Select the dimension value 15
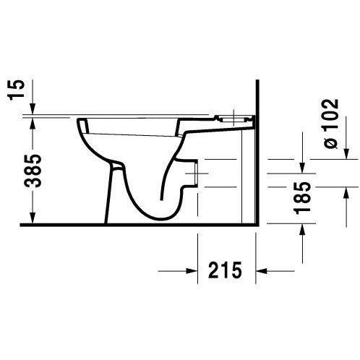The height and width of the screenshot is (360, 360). point(17,90)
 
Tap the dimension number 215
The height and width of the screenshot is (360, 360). point(225,270)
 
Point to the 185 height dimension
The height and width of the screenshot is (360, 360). point(302,198)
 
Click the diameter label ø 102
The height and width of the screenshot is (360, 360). point(331,124)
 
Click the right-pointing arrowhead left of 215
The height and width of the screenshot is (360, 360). point(192,271)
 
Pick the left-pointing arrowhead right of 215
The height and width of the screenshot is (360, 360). point(262,271)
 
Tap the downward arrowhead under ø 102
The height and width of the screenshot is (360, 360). point(346,153)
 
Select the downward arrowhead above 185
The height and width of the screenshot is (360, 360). point(303,167)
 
